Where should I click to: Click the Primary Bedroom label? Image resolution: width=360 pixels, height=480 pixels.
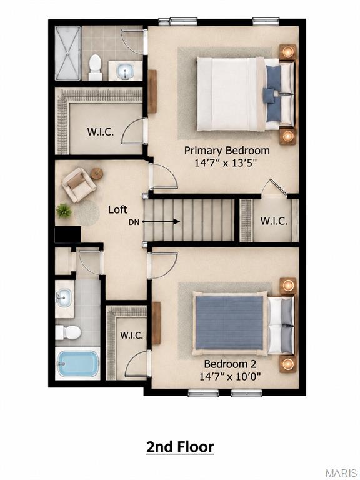pyautogui.click(x=227, y=151)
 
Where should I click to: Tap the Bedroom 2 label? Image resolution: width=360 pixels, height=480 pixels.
pyautogui.click(x=230, y=364)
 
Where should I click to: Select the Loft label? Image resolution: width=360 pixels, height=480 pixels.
pyautogui.click(x=118, y=210)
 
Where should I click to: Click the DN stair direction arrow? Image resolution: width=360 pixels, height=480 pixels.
pyautogui.click(x=161, y=222)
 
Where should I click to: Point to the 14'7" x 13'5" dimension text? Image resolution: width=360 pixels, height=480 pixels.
pyautogui.click(x=225, y=163)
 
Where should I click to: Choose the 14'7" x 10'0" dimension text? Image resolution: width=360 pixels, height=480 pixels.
pyautogui.click(x=230, y=376)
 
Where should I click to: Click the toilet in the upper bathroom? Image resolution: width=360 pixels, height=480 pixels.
pyautogui.click(x=95, y=67)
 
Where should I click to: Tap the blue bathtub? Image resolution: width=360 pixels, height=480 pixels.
pyautogui.click(x=77, y=364)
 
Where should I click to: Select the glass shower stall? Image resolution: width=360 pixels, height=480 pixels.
pyautogui.click(x=68, y=53)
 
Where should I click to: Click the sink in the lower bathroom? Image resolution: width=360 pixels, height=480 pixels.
pyautogui.click(x=64, y=297)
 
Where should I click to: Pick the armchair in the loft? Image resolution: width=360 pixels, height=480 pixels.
pyautogui.click(x=79, y=184)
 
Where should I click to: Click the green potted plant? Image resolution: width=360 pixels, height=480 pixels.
pyautogui.click(x=64, y=211)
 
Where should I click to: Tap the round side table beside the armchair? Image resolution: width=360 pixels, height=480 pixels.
pyautogui.click(x=96, y=174)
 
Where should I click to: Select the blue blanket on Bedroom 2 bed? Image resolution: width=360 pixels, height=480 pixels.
pyautogui.click(x=229, y=322)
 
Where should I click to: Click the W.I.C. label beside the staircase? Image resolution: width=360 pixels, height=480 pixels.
pyautogui.click(x=274, y=221)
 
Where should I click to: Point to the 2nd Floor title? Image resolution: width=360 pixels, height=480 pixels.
pyautogui.click(x=180, y=447)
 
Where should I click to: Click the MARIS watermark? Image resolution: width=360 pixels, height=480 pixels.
pyautogui.click(x=342, y=473)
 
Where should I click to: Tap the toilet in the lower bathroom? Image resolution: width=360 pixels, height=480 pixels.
pyautogui.click(x=68, y=332)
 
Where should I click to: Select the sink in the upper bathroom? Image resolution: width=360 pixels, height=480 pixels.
pyautogui.click(x=125, y=71)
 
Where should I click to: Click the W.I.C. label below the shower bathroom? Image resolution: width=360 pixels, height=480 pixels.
pyautogui.click(x=101, y=132)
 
